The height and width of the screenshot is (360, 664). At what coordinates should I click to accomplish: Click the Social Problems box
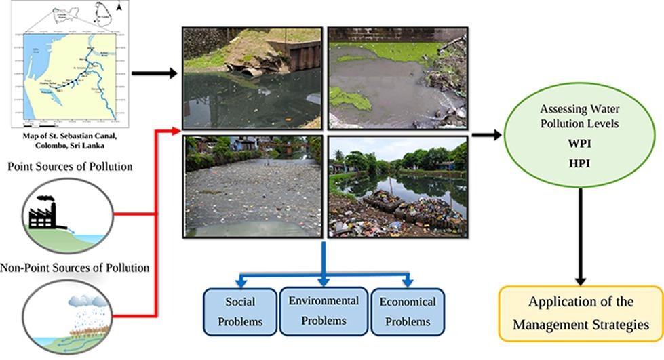[239, 311]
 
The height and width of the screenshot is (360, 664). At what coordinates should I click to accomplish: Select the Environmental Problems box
[322, 311]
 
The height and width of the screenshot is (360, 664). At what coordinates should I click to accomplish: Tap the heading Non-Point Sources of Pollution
[75, 267]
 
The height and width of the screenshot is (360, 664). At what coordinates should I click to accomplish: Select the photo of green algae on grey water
[397, 77]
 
